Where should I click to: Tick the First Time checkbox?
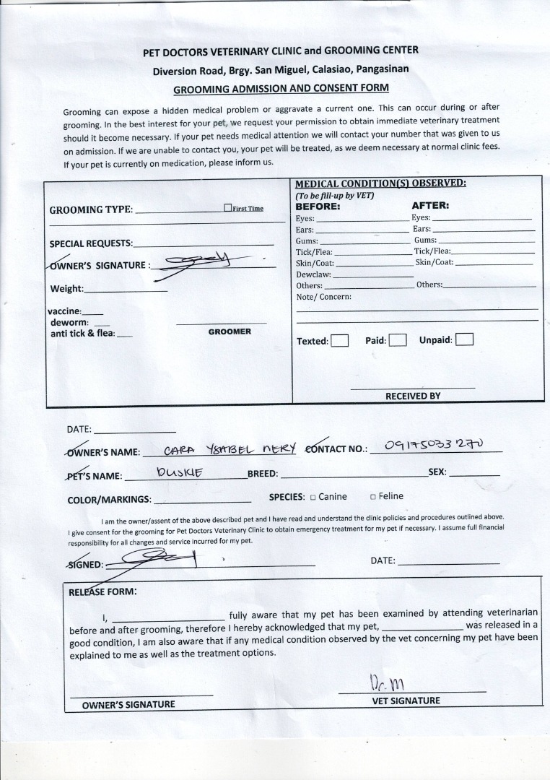click(x=227, y=208)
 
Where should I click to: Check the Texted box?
click(x=339, y=341)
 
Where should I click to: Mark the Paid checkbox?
click(x=397, y=340)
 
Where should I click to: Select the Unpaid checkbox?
click(x=464, y=339)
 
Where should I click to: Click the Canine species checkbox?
click(x=313, y=497)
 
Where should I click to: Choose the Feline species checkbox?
click(x=373, y=497)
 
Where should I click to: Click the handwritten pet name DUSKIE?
click(x=180, y=473)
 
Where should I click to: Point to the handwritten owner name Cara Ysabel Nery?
click(x=230, y=449)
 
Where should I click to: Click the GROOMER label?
click(x=230, y=331)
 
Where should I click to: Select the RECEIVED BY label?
click(x=412, y=396)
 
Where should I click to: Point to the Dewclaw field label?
click(x=313, y=274)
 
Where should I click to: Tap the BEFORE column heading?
click(x=318, y=206)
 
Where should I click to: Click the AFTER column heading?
click(x=430, y=206)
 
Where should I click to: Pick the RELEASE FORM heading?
click(x=102, y=591)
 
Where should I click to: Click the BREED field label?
click(x=263, y=474)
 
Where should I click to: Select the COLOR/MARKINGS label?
click(x=109, y=499)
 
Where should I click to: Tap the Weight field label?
click(x=66, y=290)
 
